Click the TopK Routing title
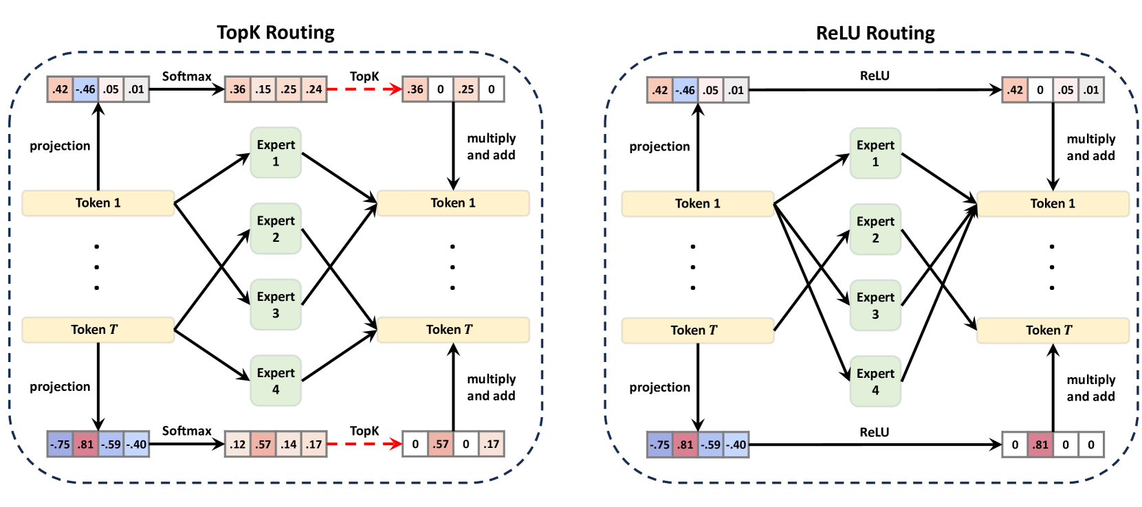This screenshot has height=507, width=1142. click(x=275, y=32)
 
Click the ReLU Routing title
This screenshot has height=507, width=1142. click(x=875, y=33)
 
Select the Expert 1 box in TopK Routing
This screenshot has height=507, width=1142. click(x=276, y=153)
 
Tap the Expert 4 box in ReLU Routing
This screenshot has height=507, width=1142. click(x=875, y=381)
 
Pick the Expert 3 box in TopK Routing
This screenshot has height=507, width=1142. click(x=276, y=304)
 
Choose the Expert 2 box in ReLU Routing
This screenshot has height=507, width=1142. click(x=875, y=229)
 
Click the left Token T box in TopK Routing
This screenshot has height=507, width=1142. click(x=98, y=330)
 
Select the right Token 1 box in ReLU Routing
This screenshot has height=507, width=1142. click(x=1052, y=203)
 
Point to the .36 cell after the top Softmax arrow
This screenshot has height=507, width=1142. click(x=238, y=89)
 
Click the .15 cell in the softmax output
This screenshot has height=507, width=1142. click(x=263, y=89)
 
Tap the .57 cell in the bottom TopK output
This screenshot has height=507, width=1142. click(x=440, y=444)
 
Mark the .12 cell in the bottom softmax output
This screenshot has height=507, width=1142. click(x=238, y=444)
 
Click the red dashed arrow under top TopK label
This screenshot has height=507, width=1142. click(x=364, y=89)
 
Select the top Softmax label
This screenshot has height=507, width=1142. click(x=186, y=76)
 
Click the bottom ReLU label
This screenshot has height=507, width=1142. click(x=874, y=432)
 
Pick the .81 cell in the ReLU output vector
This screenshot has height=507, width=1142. click(x=1040, y=444)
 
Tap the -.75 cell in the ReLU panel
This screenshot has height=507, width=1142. click(x=659, y=444)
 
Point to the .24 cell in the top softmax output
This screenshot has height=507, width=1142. click(x=314, y=89)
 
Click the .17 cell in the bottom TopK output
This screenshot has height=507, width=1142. click(x=491, y=444)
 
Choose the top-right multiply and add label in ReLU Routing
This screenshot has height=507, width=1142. click(x=1090, y=147)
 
